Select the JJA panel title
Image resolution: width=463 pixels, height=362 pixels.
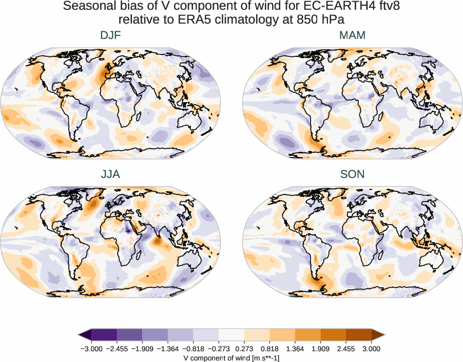[110, 174]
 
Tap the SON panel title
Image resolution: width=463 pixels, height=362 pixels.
[352, 174]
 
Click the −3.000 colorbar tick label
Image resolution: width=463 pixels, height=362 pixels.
[91, 349]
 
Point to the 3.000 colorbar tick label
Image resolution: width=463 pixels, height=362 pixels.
[371, 349]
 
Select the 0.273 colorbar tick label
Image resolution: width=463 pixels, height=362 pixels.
[244, 349]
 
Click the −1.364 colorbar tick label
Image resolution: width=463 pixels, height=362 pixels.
[168, 349]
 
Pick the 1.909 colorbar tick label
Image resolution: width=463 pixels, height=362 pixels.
[320, 349]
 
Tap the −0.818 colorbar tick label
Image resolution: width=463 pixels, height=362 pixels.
[194, 349]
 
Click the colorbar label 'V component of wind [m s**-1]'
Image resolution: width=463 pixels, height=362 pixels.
[231, 357]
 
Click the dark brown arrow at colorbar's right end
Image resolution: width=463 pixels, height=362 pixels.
[378, 335]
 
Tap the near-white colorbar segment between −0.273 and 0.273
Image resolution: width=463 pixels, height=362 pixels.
[231, 335]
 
